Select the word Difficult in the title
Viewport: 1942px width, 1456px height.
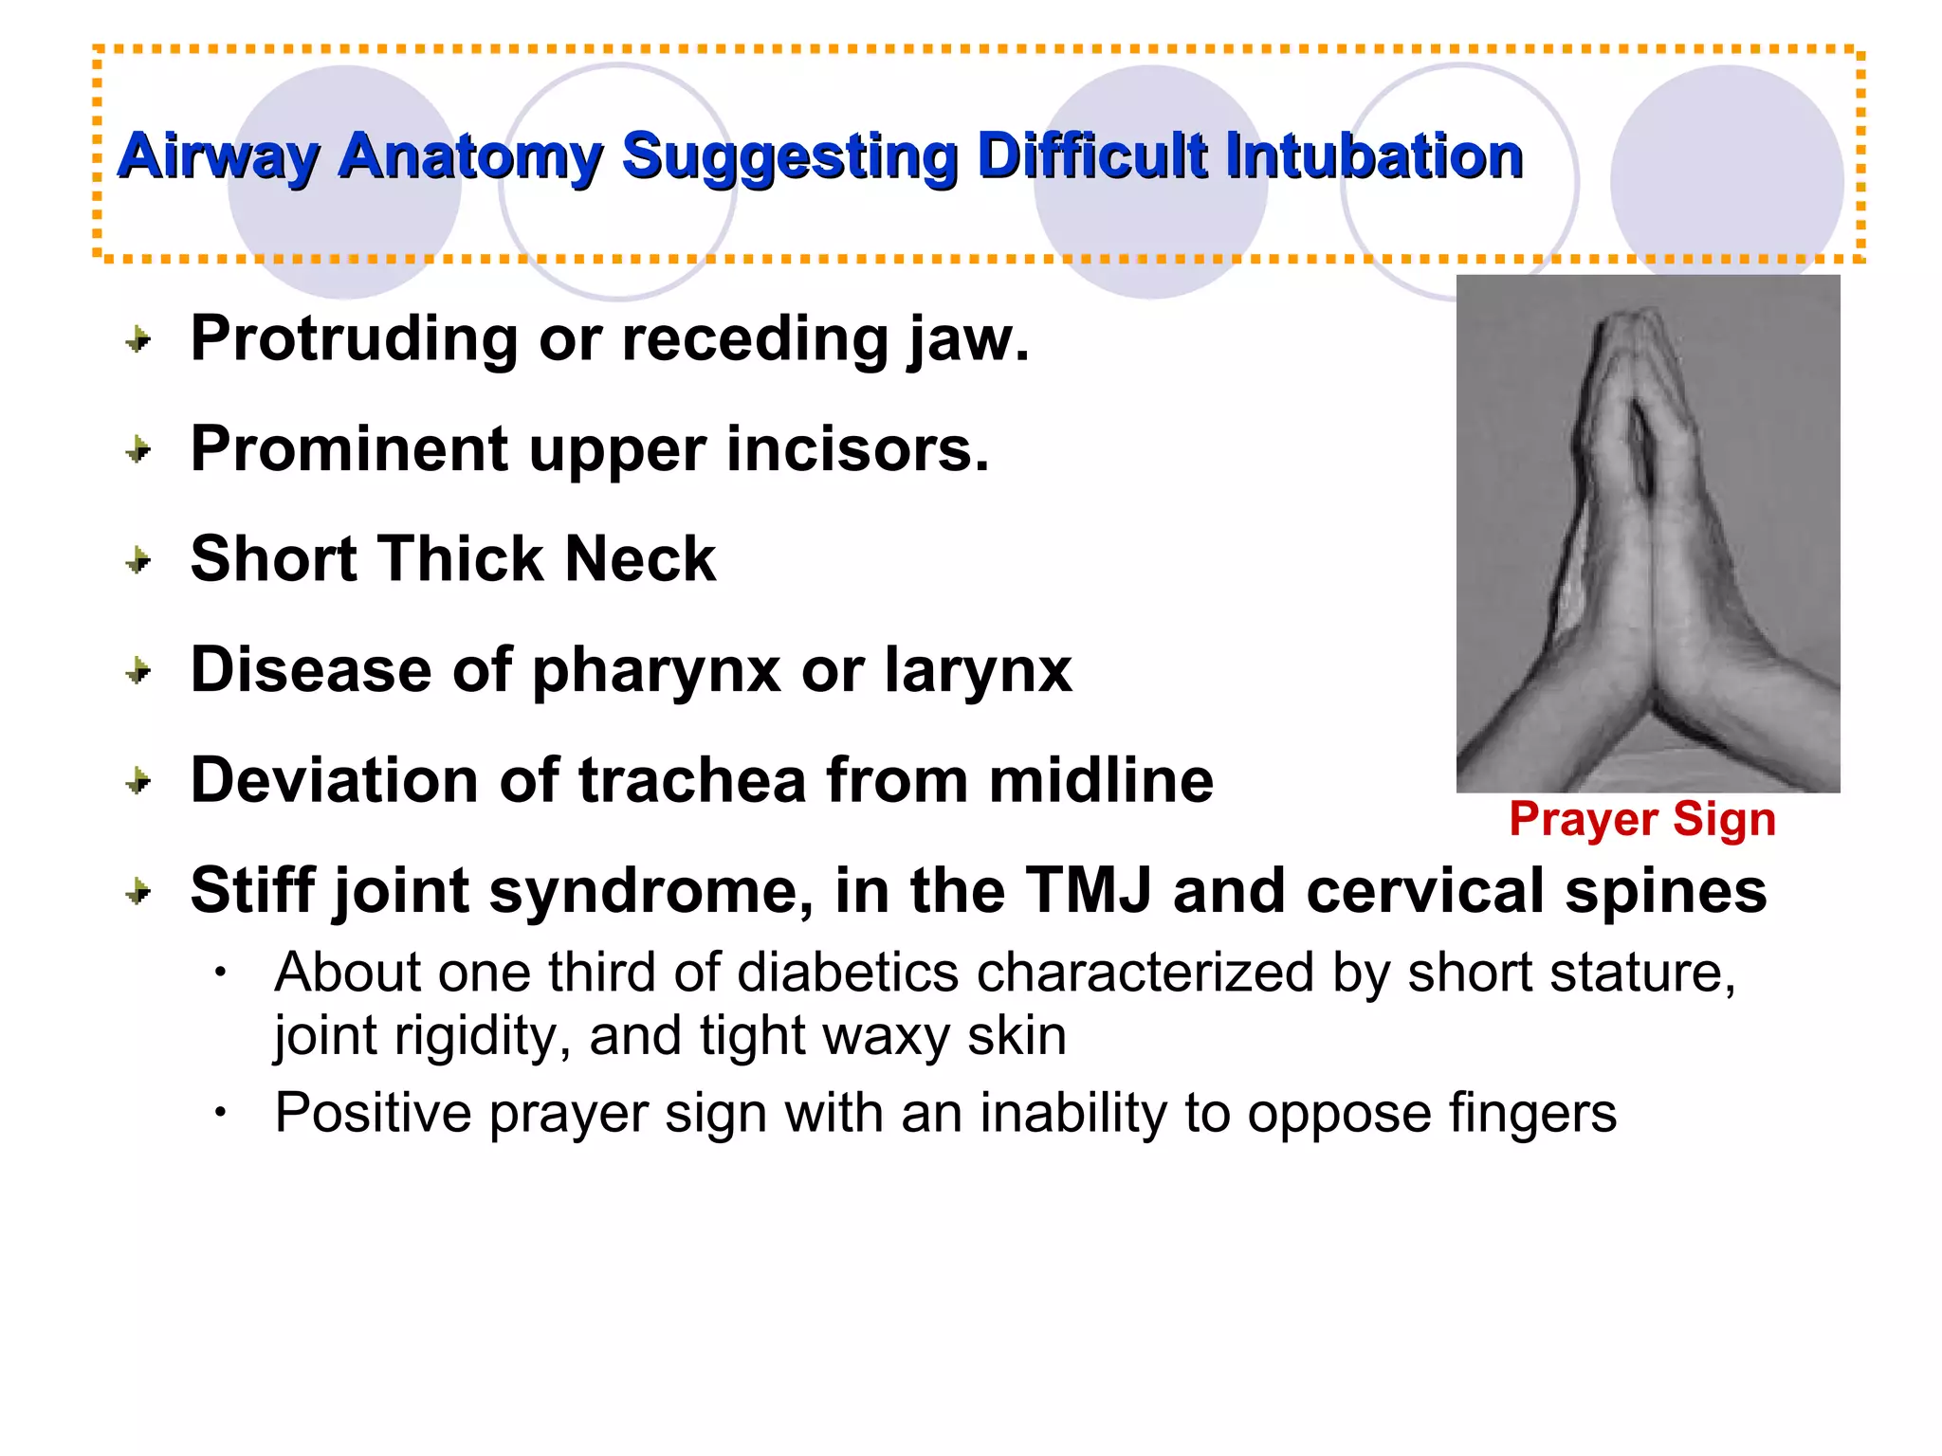1090,156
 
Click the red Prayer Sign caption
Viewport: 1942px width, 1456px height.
1642,819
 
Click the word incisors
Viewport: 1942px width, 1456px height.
857,449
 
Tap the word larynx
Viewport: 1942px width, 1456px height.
978,671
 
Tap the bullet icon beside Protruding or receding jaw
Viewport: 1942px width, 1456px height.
139,339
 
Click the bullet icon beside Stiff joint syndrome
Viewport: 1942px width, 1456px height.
139,892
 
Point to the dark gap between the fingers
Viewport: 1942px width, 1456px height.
1643,446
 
